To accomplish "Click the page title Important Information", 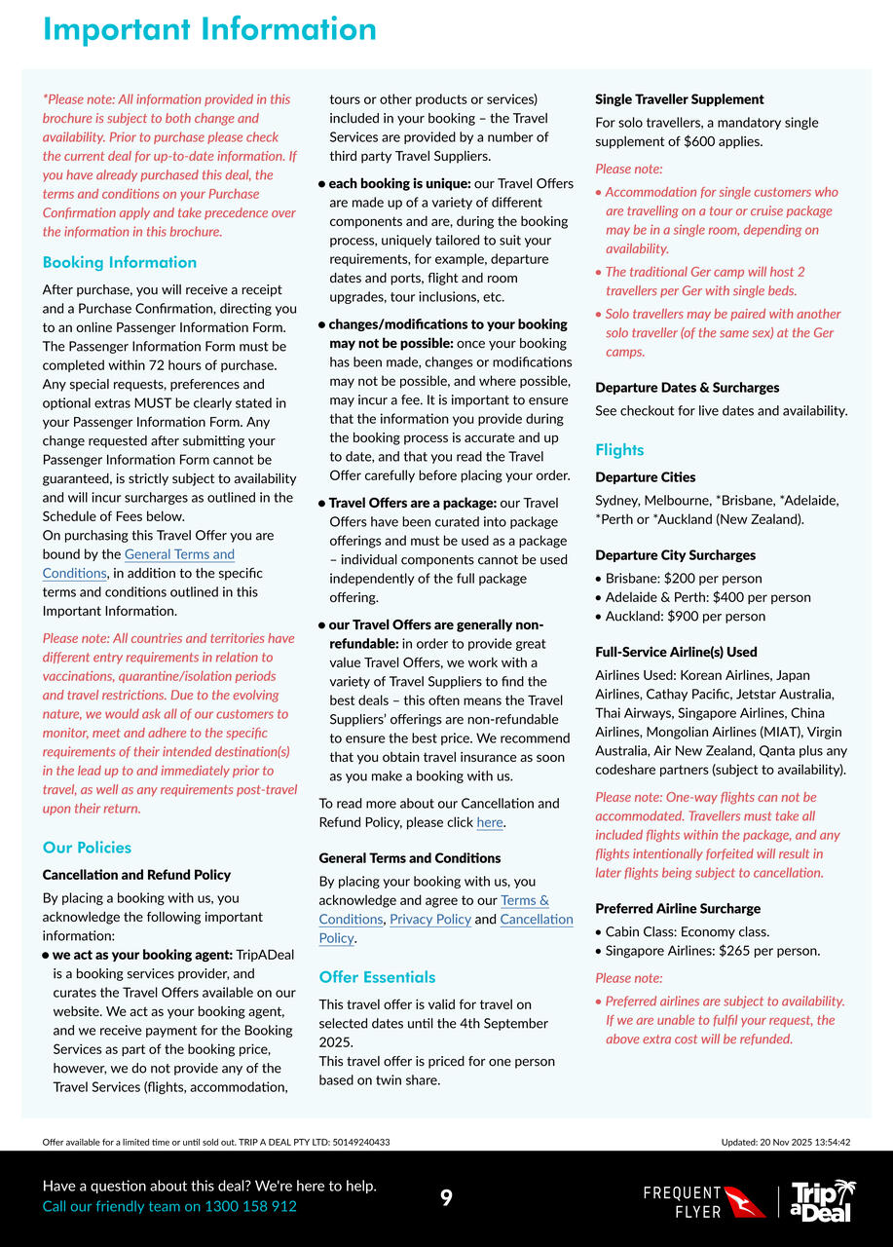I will click(209, 29).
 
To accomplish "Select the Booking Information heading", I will click(120, 262).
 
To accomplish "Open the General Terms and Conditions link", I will click(179, 554).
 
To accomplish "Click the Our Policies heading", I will click(87, 848).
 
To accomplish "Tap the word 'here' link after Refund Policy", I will click(490, 823).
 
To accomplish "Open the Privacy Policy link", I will click(429, 920).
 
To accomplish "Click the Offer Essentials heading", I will click(377, 977).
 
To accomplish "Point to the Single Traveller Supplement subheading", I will click(679, 99).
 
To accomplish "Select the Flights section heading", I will click(619, 450).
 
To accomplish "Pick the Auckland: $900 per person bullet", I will click(685, 617).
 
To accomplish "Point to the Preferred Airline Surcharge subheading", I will click(677, 909).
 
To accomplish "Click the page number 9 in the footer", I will click(446, 1198).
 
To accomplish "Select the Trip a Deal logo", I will click(823, 1200).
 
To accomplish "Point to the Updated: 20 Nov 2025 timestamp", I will click(785, 1143).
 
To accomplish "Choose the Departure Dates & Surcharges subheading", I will click(687, 388).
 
